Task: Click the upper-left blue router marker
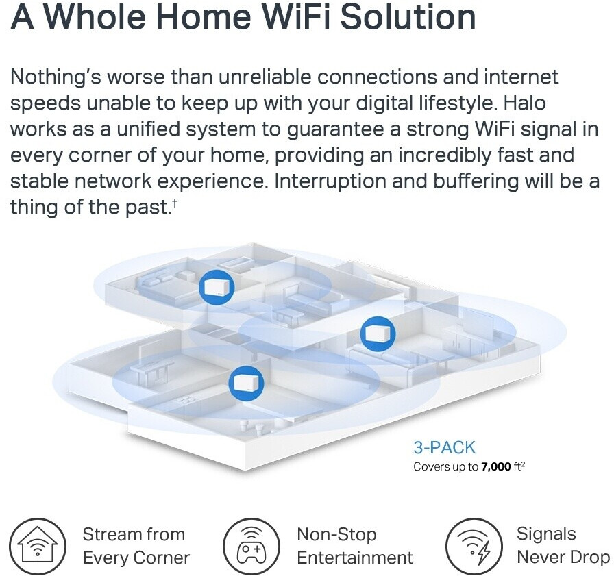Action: pyautogui.click(x=211, y=288)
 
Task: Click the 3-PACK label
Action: pyautogui.click(x=443, y=449)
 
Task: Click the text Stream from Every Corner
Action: pyautogui.click(x=136, y=546)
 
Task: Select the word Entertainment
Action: pyautogui.click(x=354, y=558)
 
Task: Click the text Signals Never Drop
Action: pyautogui.click(x=562, y=546)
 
